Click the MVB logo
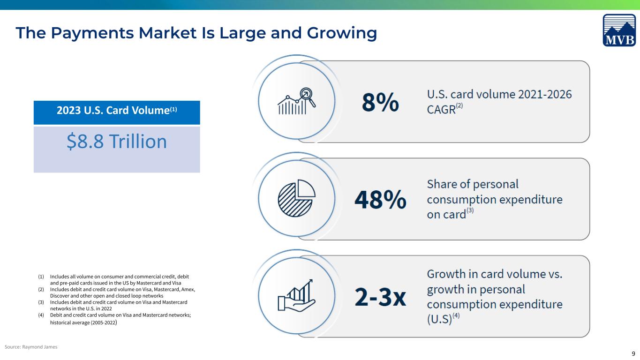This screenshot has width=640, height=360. (619, 30)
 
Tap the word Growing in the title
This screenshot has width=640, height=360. (342, 33)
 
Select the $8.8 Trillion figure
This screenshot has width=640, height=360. (117, 141)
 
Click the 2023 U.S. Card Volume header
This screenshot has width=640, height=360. (117, 110)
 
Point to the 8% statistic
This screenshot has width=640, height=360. (380, 102)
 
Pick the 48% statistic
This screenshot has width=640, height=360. (380, 199)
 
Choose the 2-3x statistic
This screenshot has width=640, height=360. (380, 297)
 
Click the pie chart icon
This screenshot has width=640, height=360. (297, 198)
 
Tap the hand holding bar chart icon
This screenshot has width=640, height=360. (297, 295)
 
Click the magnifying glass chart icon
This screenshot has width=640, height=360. (297, 101)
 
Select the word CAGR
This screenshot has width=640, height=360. (441, 110)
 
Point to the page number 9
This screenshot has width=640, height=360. (633, 354)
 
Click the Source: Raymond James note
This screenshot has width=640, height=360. (31, 347)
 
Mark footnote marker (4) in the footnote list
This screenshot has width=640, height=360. (41, 315)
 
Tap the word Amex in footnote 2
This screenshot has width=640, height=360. (188, 289)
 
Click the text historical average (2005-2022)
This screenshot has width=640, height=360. (83, 322)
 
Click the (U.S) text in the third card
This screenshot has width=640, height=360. (439, 319)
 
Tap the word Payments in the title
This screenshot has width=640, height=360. (92, 33)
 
